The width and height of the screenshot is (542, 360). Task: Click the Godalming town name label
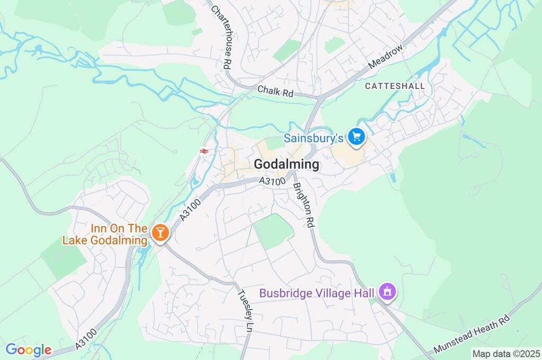coord(286,165)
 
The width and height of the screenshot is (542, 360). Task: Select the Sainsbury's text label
coord(314,138)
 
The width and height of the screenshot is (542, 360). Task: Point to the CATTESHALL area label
coord(395,85)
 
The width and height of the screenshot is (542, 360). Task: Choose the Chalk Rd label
coord(275,92)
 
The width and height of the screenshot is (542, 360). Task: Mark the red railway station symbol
coord(204,151)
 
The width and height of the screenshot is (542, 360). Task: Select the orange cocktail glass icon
coord(159,232)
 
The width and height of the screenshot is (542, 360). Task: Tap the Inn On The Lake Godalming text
coord(105,234)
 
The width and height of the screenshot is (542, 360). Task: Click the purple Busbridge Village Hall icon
coord(387,292)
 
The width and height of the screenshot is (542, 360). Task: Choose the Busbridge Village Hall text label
coord(317,293)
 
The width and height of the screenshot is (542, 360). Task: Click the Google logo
coord(29,350)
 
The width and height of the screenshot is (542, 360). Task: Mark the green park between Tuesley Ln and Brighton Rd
coord(273,231)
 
